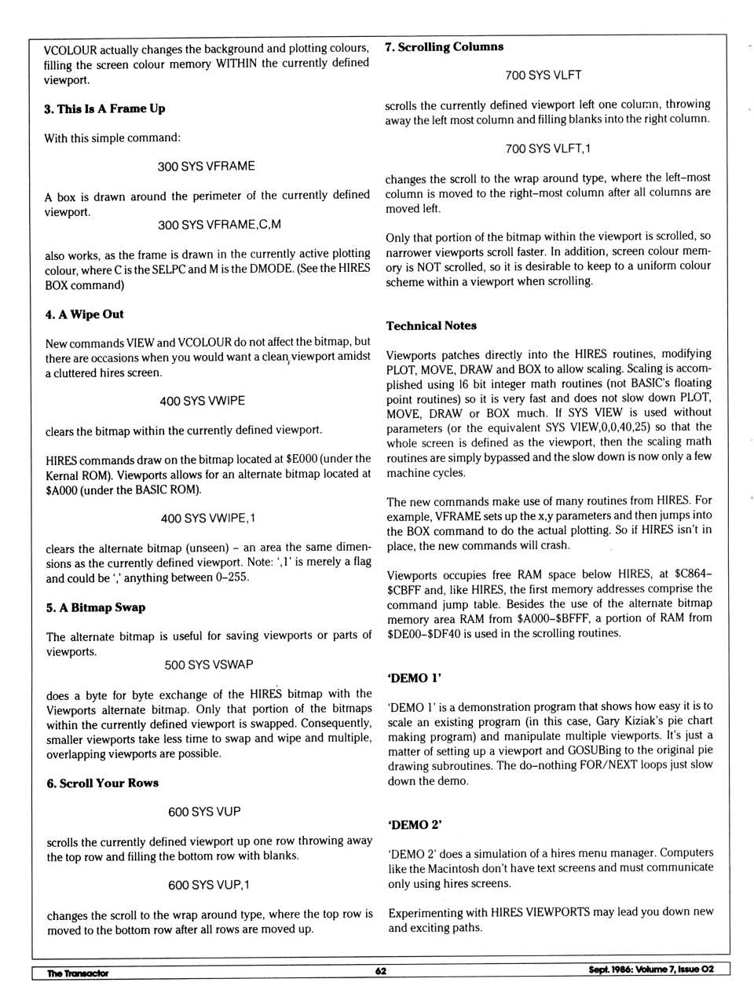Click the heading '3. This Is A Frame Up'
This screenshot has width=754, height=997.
click(104, 108)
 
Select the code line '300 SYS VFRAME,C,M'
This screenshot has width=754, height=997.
click(219, 225)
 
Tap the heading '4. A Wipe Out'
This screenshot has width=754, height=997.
click(84, 314)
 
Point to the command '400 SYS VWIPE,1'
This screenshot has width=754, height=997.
click(207, 518)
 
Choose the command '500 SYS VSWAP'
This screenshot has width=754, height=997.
click(208, 665)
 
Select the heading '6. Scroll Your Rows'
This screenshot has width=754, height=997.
click(102, 783)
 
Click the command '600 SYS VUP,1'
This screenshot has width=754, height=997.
click(208, 885)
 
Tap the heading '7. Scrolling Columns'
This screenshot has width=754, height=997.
click(444, 47)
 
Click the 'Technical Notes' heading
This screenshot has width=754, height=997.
click(431, 325)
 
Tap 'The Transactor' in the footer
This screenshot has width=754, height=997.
click(77, 973)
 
